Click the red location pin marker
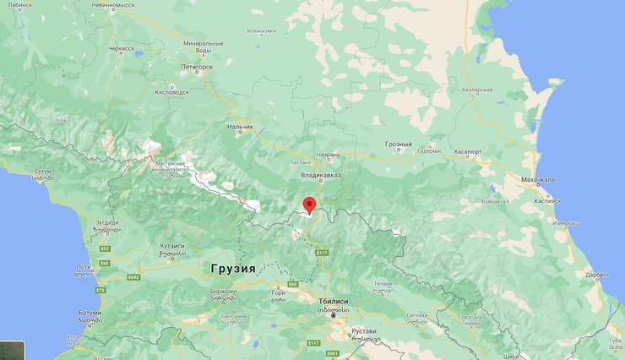pos(310,205)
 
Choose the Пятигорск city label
pos(200,65)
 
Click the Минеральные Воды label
pos(203,46)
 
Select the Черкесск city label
pos(121,49)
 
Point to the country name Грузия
pos(231,267)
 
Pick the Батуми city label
pos(90,312)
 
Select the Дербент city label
pos(595,274)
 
